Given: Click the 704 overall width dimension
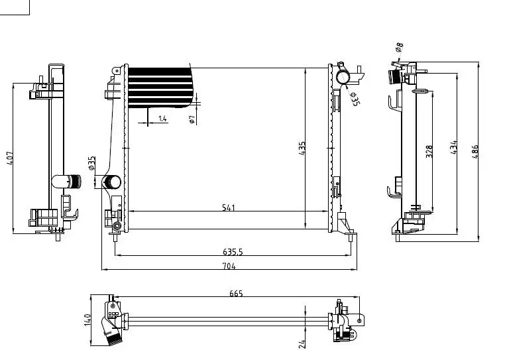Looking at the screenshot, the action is (x=229, y=267).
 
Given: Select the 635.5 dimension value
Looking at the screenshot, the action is (x=233, y=252).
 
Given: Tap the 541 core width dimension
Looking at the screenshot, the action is (x=229, y=208).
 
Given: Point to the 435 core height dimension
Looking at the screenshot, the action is (x=302, y=149).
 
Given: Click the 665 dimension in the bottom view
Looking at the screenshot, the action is (x=236, y=293).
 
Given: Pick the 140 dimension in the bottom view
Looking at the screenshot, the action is (x=87, y=320).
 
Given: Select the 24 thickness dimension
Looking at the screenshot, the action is (x=302, y=344).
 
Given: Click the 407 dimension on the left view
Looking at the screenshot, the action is (x=11, y=158).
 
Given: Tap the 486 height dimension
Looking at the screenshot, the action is (x=475, y=151).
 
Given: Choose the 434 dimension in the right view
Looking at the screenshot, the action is (x=453, y=147).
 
